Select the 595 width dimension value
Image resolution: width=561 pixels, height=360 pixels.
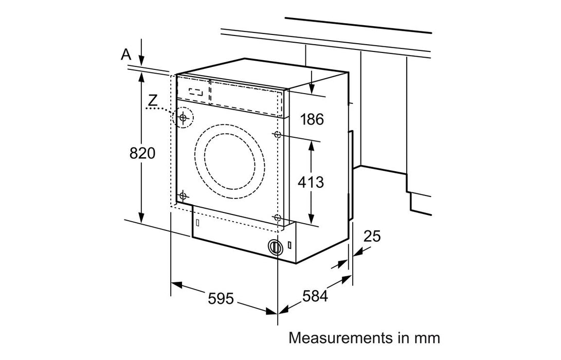pos(221,298)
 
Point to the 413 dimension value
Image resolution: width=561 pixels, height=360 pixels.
pos(311,182)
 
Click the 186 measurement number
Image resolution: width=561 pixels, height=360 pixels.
pos(312,120)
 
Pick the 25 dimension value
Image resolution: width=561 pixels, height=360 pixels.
pos(372,237)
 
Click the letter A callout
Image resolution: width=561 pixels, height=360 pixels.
pos(125,55)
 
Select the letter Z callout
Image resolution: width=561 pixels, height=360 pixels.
pos(153,100)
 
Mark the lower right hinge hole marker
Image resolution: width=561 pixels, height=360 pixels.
pos(278,218)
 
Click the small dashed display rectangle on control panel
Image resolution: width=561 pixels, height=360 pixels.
pos(195,93)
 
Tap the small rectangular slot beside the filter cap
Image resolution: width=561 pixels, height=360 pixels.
pos(291,245)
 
